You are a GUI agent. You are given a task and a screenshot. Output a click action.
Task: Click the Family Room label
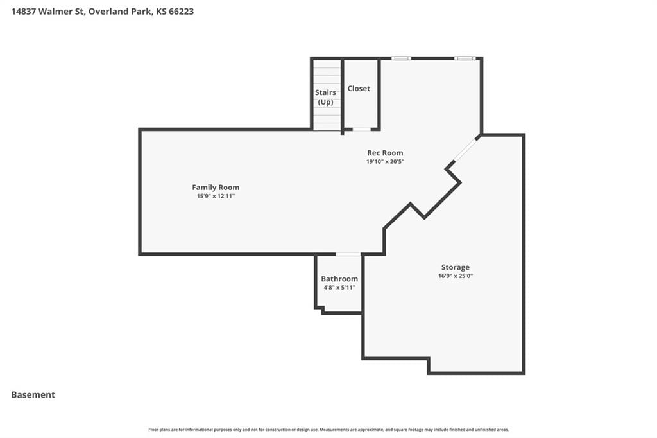point(216,188)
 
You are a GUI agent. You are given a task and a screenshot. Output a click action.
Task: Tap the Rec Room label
point(385,153)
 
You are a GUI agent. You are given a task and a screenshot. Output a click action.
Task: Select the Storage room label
point(456,267)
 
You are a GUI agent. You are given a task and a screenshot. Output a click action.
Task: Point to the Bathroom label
point(339,279)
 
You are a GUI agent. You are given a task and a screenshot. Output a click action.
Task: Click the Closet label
point(359,89)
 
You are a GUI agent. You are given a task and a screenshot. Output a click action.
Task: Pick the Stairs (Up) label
point(325,98)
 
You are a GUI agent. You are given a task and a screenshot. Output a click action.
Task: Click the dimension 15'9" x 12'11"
point(216,196)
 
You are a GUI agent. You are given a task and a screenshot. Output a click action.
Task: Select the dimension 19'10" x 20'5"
point(385,162)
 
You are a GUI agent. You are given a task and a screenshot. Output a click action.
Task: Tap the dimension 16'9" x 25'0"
point(456,276)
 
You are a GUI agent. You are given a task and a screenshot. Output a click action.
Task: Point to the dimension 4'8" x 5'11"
point(339,287)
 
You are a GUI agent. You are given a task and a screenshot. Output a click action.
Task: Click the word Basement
point(33,395)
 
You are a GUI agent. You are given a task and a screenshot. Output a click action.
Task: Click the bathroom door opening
point(348,254)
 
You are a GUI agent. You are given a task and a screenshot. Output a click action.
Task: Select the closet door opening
point(361,130)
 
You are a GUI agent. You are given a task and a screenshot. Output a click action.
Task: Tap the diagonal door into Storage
point(466,151)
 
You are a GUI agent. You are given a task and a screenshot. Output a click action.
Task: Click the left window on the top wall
point(401,58)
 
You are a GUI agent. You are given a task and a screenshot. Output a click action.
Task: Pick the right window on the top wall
point(465,58)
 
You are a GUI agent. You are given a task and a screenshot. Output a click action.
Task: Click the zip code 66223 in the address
point(181,12)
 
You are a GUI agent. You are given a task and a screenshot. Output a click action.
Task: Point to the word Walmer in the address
point(55,12)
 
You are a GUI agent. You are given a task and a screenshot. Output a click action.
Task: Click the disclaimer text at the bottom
point(328,430)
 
